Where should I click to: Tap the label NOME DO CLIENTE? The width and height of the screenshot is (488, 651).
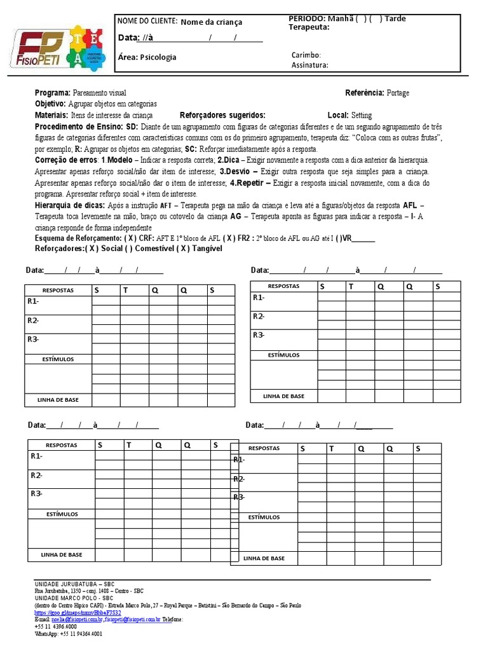point(147,21)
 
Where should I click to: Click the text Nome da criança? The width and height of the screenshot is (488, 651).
point(212,22)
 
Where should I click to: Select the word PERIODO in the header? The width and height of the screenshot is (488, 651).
point(307,18)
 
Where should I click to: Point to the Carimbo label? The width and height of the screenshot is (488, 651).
point(306,55)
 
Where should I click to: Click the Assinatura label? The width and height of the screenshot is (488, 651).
point(309,65)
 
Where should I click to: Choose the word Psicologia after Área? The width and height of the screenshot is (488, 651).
point(158,57)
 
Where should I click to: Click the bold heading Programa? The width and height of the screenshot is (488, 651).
point(53,93)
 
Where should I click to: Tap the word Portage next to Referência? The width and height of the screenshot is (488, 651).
point(398,93)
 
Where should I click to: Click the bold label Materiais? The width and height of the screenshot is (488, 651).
point(51,115)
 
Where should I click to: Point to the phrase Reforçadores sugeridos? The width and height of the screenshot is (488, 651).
point(222,115)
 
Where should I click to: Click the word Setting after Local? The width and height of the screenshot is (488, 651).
point(362,115)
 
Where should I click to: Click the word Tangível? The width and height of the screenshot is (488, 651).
point(205,249)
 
